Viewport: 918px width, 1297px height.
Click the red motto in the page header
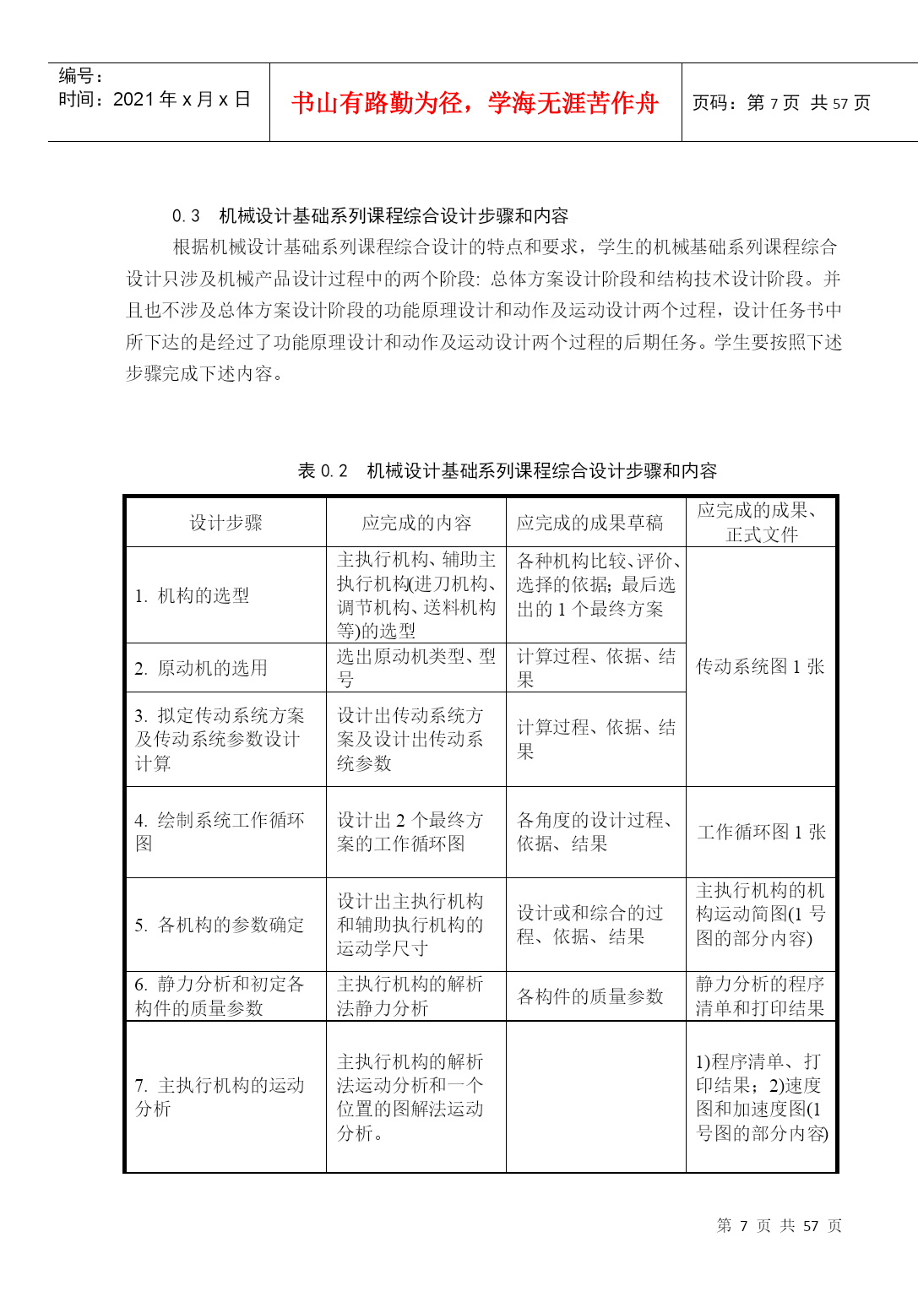point(475,103)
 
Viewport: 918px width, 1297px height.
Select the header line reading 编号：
point(81,76)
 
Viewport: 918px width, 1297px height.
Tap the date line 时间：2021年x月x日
point(155,100)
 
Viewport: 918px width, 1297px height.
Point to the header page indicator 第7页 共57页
point(781,103)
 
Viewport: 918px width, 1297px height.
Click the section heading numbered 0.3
point(370,216)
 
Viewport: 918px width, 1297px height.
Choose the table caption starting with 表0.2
point(508,471)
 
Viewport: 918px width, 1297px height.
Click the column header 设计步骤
point(225,524)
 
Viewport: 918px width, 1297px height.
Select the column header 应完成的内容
point(416,524)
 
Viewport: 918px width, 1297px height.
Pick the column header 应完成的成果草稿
point(589,524)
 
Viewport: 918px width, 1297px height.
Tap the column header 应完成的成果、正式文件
point(760,523)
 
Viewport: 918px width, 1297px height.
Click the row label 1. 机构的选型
point(193,596)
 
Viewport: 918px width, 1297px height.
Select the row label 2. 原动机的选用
point(201,668)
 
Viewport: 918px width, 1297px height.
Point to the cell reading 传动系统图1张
point(760,666)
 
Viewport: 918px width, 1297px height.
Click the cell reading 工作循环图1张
point(762,833)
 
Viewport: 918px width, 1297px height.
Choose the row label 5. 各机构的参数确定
point(220,925)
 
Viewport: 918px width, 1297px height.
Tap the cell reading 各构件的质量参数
point(589,997)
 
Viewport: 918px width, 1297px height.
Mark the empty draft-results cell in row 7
point(595,1097)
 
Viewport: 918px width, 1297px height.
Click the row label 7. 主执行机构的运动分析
point(220,1097)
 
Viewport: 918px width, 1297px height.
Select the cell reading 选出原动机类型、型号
point(416,668)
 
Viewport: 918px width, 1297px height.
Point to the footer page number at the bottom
point(779,1226)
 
